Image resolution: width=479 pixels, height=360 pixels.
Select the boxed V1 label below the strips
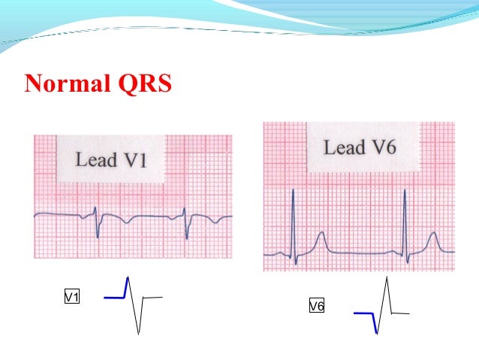pyautogui.click(x=72, y=298)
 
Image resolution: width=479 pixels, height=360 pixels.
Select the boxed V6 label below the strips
pyautogui.click(x=316, y=306)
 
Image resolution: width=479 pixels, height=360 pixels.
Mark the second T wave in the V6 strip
pyautogui.click(x=433, y=243)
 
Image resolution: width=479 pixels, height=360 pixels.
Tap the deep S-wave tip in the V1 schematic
pyautogui.click(x=139, y=333)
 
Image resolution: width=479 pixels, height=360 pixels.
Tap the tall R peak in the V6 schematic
pyautogui.click(x=387, y=280)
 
